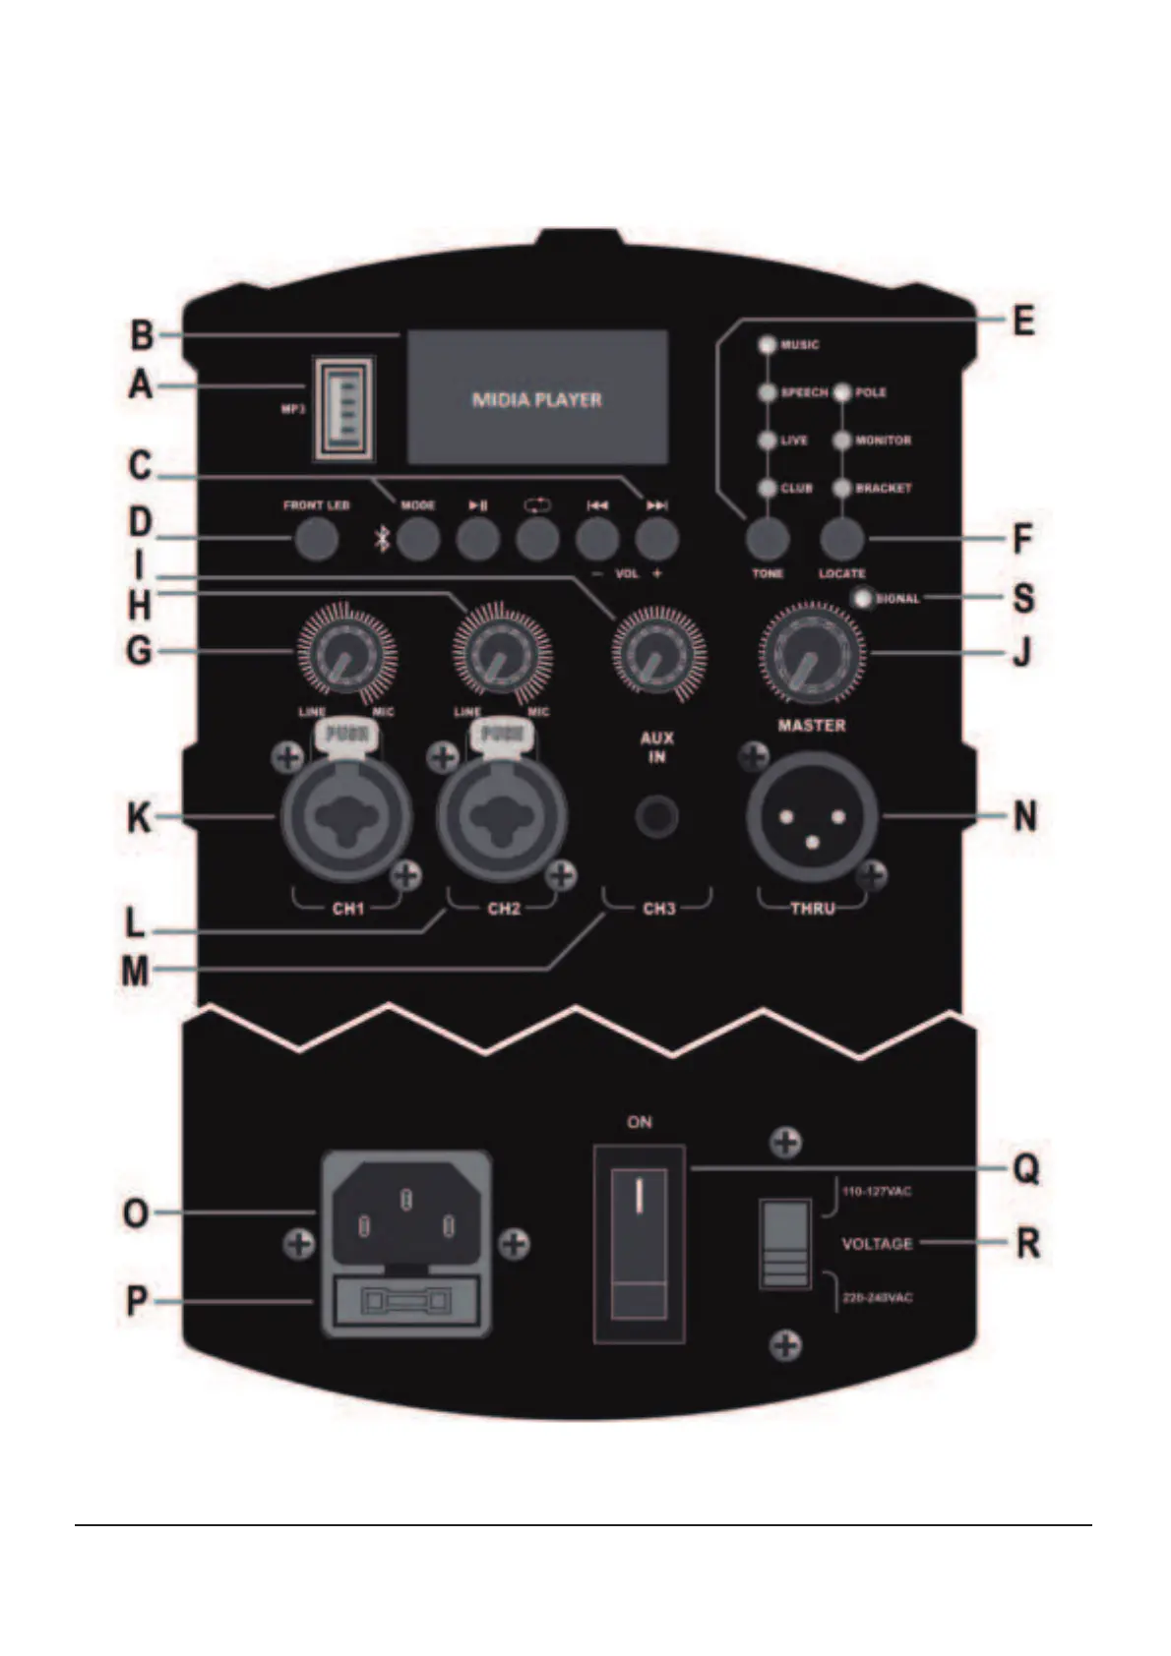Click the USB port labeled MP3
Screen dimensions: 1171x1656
pyautogui.click(x=344, y=407)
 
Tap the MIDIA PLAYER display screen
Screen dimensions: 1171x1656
pyautogui.click(x=537, y=398)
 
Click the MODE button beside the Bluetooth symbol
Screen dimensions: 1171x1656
pyautogui.click(x=418, y=538)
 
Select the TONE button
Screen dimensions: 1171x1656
pyautogui.click(x=768, y=538)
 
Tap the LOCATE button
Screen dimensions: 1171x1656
pyautogui.click(x=841, y=538)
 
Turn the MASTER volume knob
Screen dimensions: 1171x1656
pyautogui.click(x=811, y=654)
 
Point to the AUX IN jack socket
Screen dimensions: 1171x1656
pyautogui.click(x=656, y=816)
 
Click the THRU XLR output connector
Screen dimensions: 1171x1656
pyautogui.click(x=812, y=817)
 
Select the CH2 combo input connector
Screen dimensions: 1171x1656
pyautogui.click(x=502, y=816)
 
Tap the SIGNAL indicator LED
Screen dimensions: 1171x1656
pyautogui.click(x=865, y=598)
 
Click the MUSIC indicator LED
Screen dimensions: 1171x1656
pyautogui.click(x=768, y=345)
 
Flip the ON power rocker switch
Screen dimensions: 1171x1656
pyautogui.click(x=640, y=1244)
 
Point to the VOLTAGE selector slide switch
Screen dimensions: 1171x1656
pyautogui.click(x=784, y=1243)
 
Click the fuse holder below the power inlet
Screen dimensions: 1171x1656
pyautogui.click(x=405, y=1303)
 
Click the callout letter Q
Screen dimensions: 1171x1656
pyautogui.click(x=1025, y=1169)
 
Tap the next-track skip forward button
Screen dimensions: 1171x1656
pyautogui.click(x=656, y=538)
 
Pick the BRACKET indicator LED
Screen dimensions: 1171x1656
pyautogui.click(x=841, y=488)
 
